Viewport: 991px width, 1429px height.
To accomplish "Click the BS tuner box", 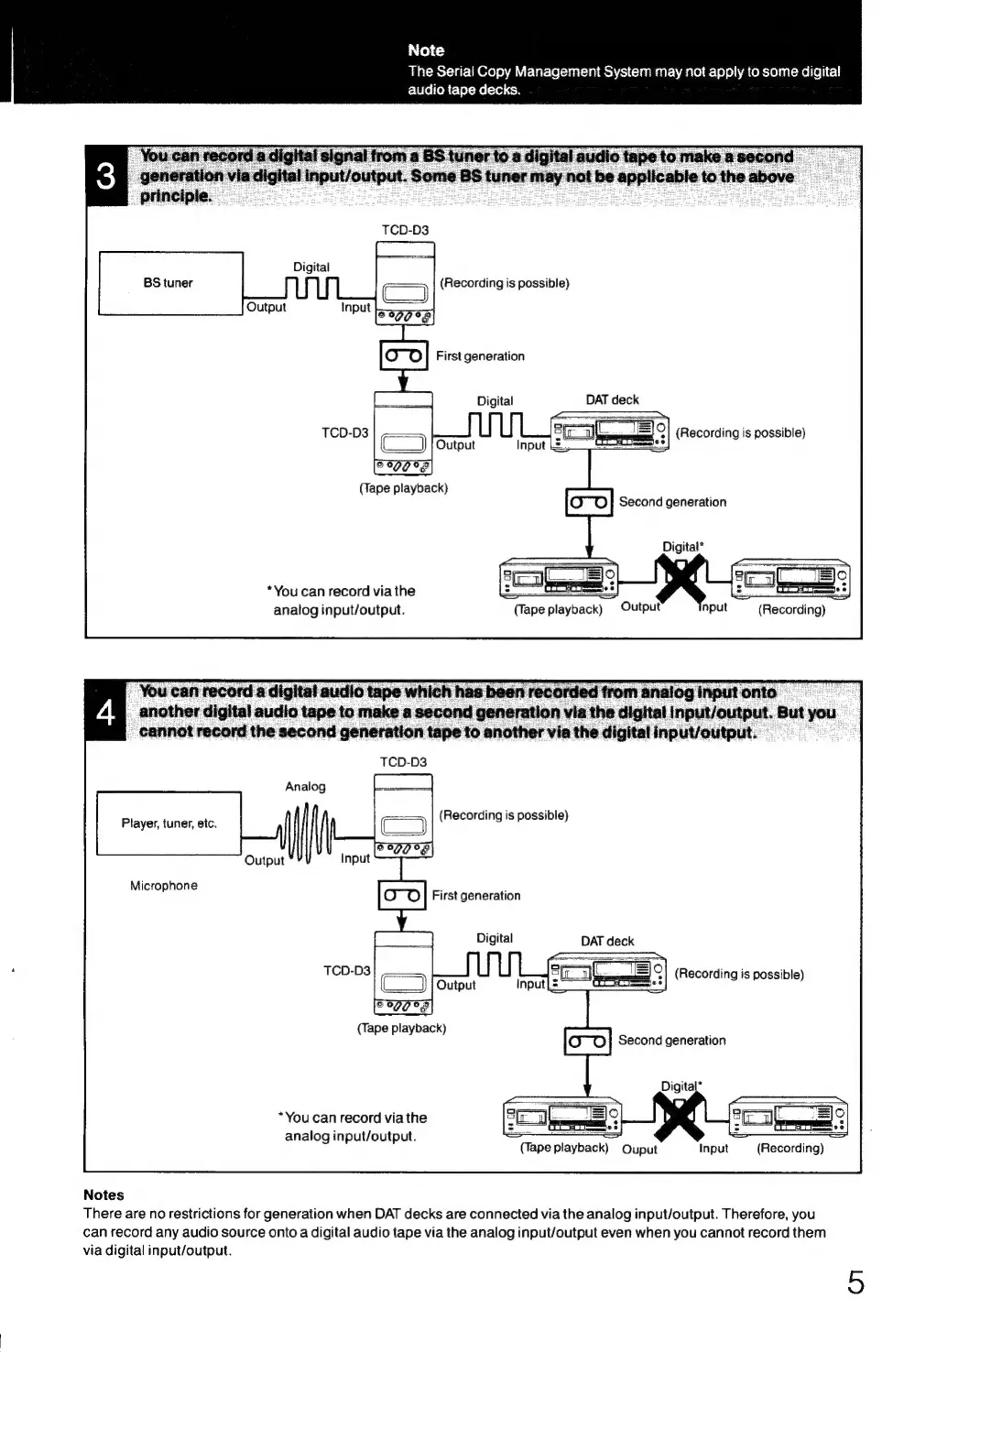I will coord(170,283).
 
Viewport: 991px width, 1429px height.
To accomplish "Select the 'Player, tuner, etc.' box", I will coord(169,824).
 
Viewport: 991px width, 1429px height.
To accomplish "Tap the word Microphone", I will coord(164,886).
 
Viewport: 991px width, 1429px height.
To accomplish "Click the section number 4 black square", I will coord(106,712).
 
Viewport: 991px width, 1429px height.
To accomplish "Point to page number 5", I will coord(855,1283).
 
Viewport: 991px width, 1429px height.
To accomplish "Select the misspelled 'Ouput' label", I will coord(639,1150).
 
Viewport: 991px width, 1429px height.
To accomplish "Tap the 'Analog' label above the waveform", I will coord(305,787).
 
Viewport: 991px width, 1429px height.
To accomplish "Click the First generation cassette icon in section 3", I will coord(403,355).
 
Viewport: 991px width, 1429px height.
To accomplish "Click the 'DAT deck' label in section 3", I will coord(612,399).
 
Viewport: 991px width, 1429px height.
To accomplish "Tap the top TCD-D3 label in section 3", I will coord(405,230).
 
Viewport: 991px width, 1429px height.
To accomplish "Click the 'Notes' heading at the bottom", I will coord(103,1194).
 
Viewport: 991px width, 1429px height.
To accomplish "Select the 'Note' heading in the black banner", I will coord(426,50).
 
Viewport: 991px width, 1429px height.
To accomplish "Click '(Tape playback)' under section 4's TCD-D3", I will coord(401,1028).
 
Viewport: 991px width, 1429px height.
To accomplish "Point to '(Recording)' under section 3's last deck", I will coord(791,609).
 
